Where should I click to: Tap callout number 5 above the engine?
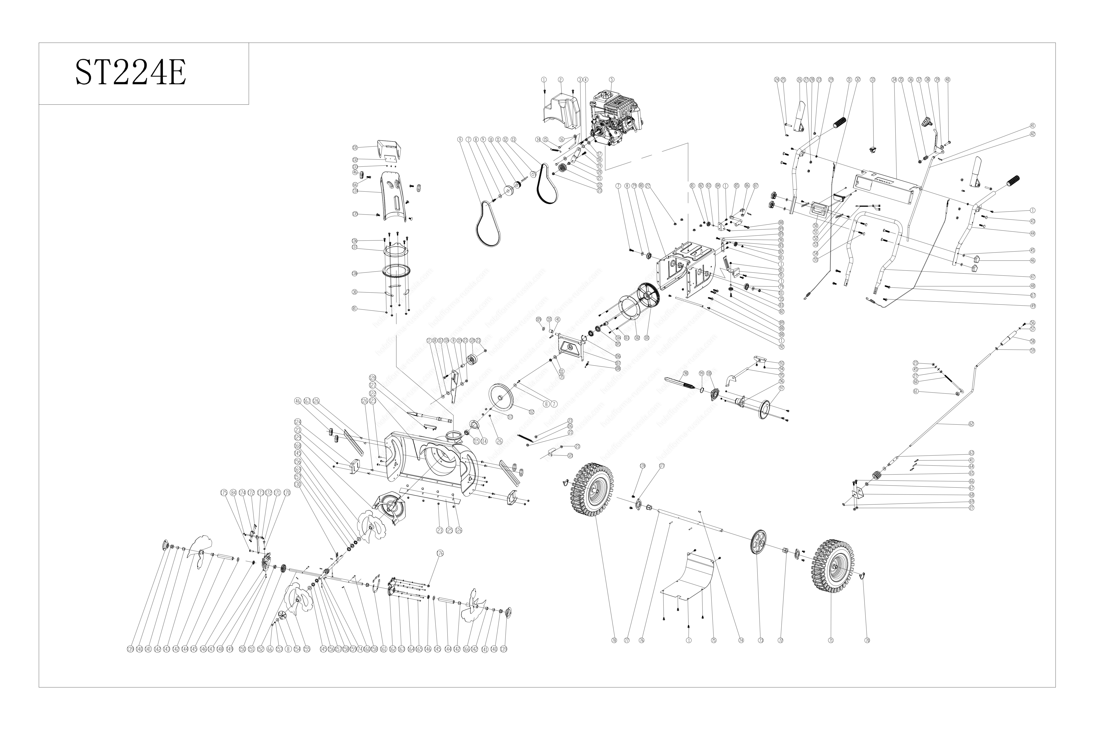[612, 80]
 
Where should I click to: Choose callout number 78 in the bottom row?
[614, 640]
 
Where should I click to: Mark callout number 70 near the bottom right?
[867, 640]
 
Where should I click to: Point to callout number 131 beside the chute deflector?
[355, 148]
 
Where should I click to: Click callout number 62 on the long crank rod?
[971, 424]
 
